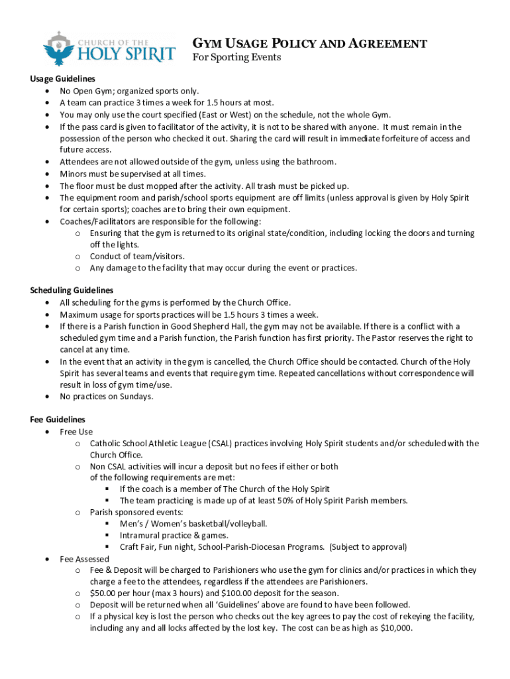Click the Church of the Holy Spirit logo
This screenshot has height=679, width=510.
click(109, 48)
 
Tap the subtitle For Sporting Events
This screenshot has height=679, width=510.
click(236, 58)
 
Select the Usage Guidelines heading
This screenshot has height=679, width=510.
click(62, 79)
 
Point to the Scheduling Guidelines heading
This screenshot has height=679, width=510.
click(72, 290)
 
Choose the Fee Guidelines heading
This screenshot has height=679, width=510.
click(58, 420)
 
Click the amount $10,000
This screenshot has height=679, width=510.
click(395, 628)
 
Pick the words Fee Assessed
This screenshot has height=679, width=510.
click(84, 559)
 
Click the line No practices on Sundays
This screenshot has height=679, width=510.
click(107, 397)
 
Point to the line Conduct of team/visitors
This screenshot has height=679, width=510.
click(137, 256)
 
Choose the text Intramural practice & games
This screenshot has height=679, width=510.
click(174, 535)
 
